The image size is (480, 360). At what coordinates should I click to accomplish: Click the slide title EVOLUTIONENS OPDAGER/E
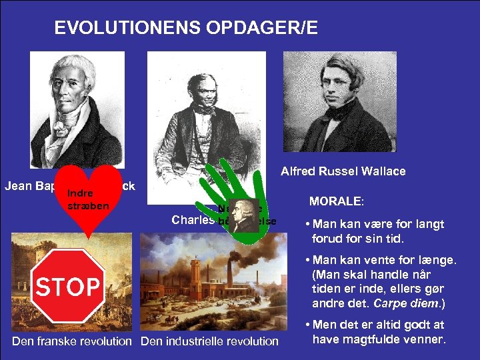pos(186,28)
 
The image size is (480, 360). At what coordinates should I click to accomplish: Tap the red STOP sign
pos(69,287)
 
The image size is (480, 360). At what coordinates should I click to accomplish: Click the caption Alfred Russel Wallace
pos(343,172)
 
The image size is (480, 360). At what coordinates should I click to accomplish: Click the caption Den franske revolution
pos(72,341)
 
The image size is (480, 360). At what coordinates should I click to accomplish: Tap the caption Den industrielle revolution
pos(209,341)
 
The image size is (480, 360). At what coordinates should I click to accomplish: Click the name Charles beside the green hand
pos(192,219)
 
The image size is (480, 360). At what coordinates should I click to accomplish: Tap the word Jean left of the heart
pos(18,186)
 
